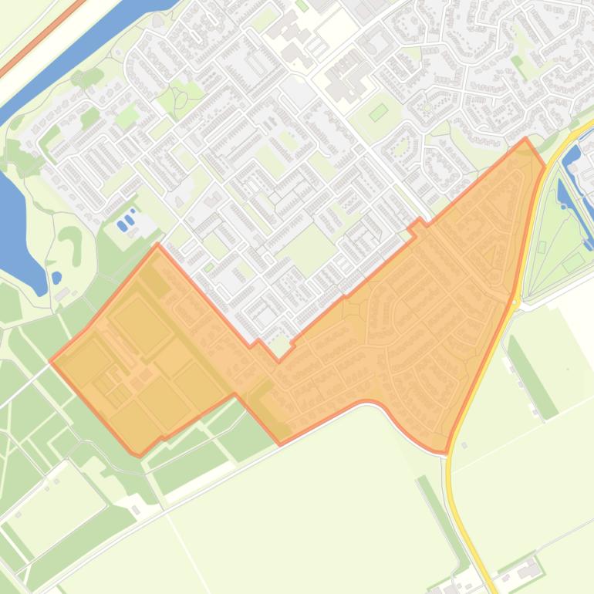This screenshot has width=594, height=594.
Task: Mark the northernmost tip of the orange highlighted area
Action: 526,140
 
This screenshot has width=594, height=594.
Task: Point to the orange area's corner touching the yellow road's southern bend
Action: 445,452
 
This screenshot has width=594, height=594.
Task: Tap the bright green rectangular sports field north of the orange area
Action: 378,113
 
